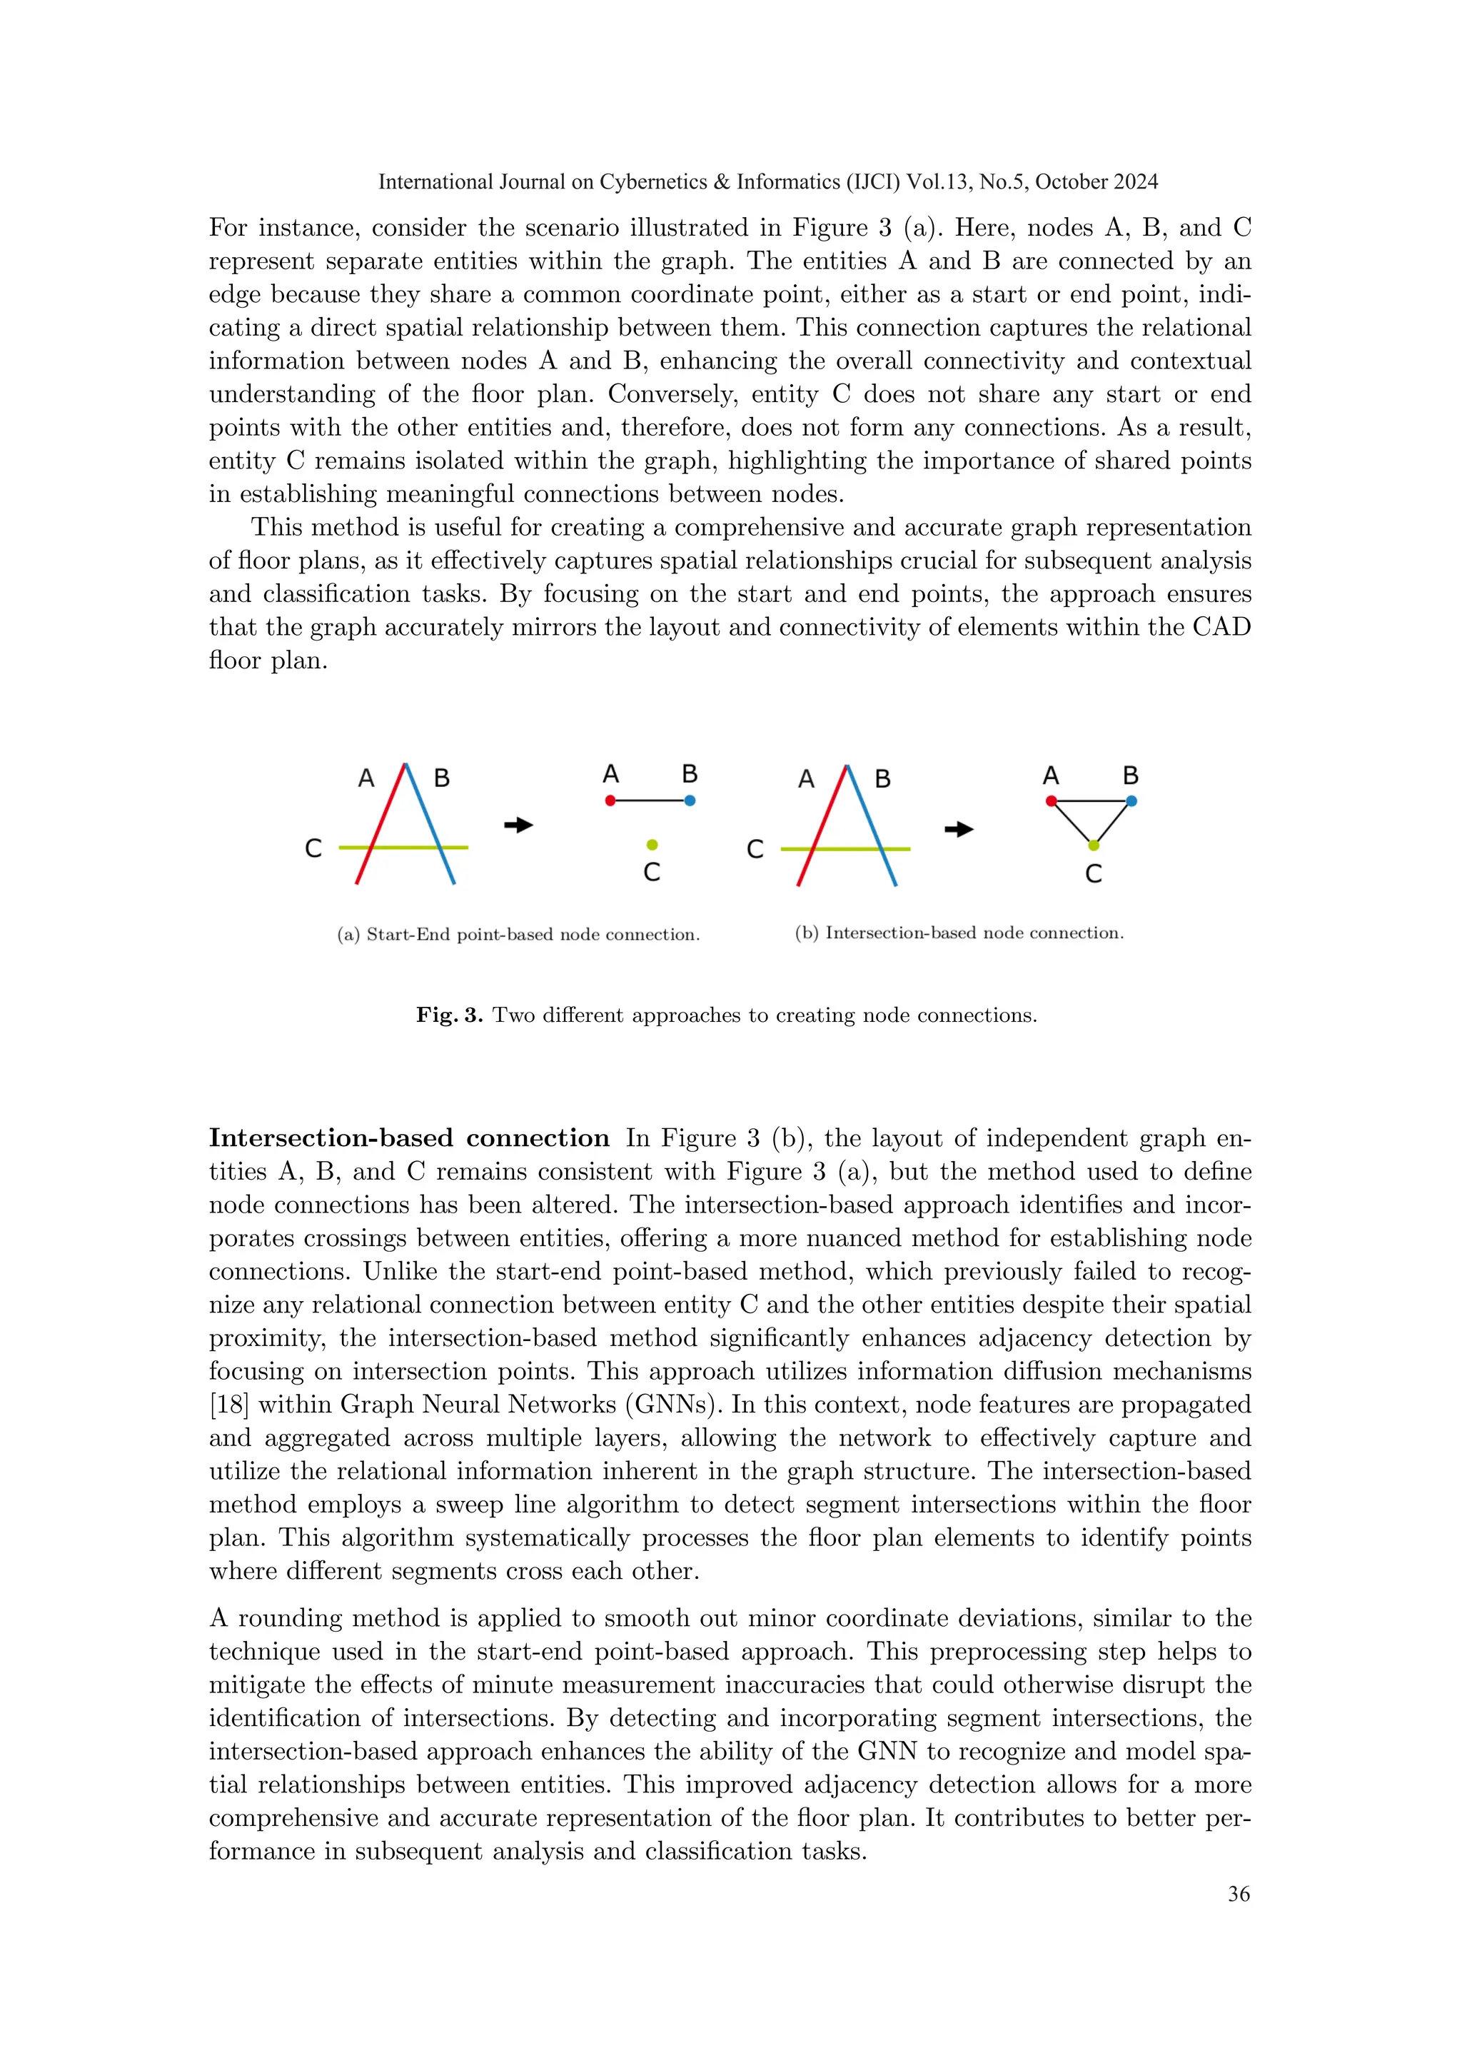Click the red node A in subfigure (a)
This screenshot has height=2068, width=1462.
(x=610, y=800)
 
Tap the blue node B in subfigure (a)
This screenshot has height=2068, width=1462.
(x=690, y=800)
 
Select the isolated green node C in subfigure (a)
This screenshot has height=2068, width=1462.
(x=652, y=845)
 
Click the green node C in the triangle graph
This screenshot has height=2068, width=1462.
(x=1093, y=845)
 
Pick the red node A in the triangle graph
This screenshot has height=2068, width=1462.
(x=1051, y=800)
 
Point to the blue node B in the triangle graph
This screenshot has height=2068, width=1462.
(x=1131, y=800)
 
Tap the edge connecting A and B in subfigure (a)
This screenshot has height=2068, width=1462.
(x=650, y=800)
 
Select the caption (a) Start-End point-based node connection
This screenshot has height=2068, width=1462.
(x=518, y=935)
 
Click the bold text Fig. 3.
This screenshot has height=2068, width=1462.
(x=449, y=1016)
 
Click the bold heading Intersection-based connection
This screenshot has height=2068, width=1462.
(x=409, y=1138)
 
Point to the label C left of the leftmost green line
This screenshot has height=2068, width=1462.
(x=313, y=848)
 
